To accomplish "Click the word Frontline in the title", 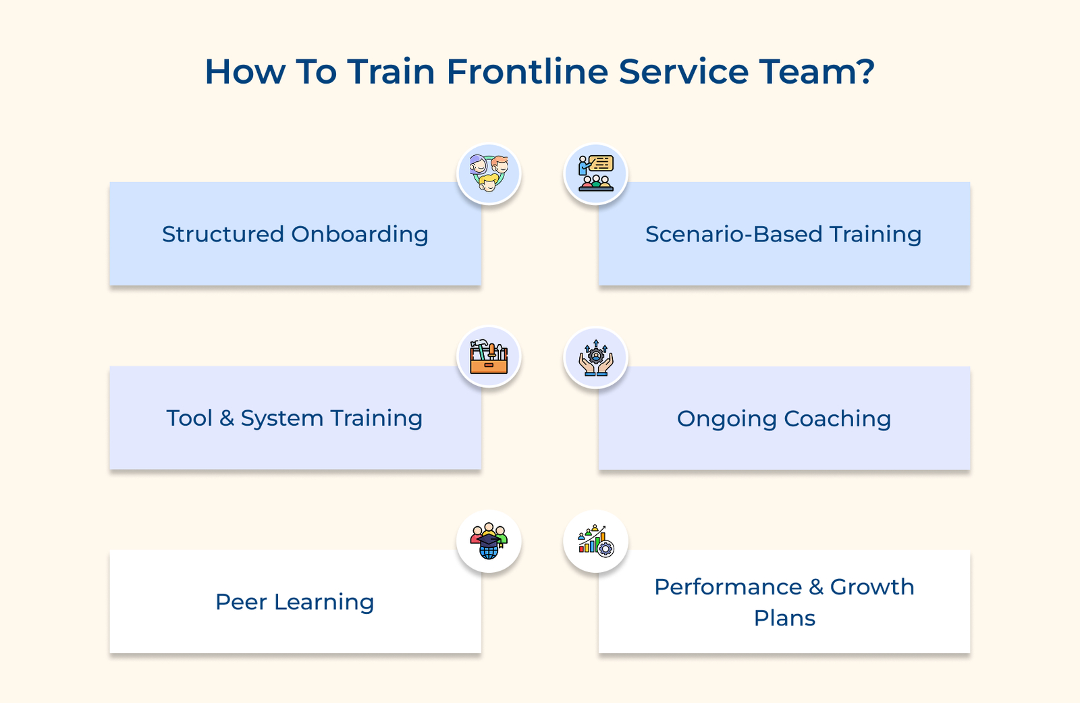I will point(527,72).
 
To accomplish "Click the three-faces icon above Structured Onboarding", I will point(489,174).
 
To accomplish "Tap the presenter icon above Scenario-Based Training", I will point(595,174).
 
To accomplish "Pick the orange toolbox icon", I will point(489,358).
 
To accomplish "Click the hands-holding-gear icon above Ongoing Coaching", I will point(595,358).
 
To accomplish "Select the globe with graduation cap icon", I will point(489,542).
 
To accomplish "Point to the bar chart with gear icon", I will point(595,542).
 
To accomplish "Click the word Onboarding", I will point(360,235).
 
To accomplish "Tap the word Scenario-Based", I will point(734,234).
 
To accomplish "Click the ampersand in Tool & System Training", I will point(227,418).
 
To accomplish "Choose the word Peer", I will point(241,602).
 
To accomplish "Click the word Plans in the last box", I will point(784,618).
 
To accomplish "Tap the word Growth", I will point(871,587).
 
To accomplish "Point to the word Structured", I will point(223,234).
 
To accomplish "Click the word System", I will point(281,419).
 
